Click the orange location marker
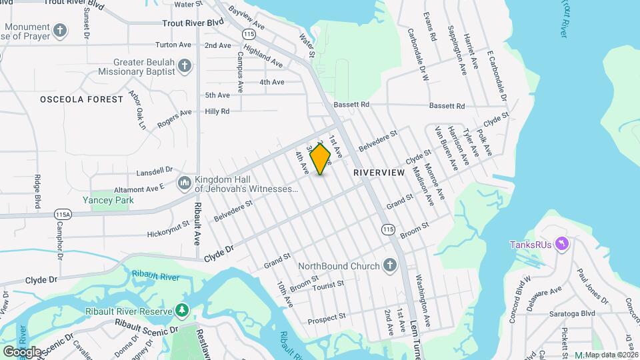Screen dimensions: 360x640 point(321,159)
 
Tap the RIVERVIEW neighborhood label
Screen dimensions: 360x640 point(379,172)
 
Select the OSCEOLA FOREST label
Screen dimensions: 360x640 point(81,99)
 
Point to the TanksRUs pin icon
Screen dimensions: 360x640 point(562,245)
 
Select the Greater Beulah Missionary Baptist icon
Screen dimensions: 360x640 point(185,65)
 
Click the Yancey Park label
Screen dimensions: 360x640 point(108,200)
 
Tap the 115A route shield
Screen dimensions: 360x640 point(63,215)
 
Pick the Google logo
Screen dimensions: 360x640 point(22,351)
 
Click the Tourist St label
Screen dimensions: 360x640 point(327,284)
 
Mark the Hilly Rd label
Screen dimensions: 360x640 point(217,111)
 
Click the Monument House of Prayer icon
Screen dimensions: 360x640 point(60,31)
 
